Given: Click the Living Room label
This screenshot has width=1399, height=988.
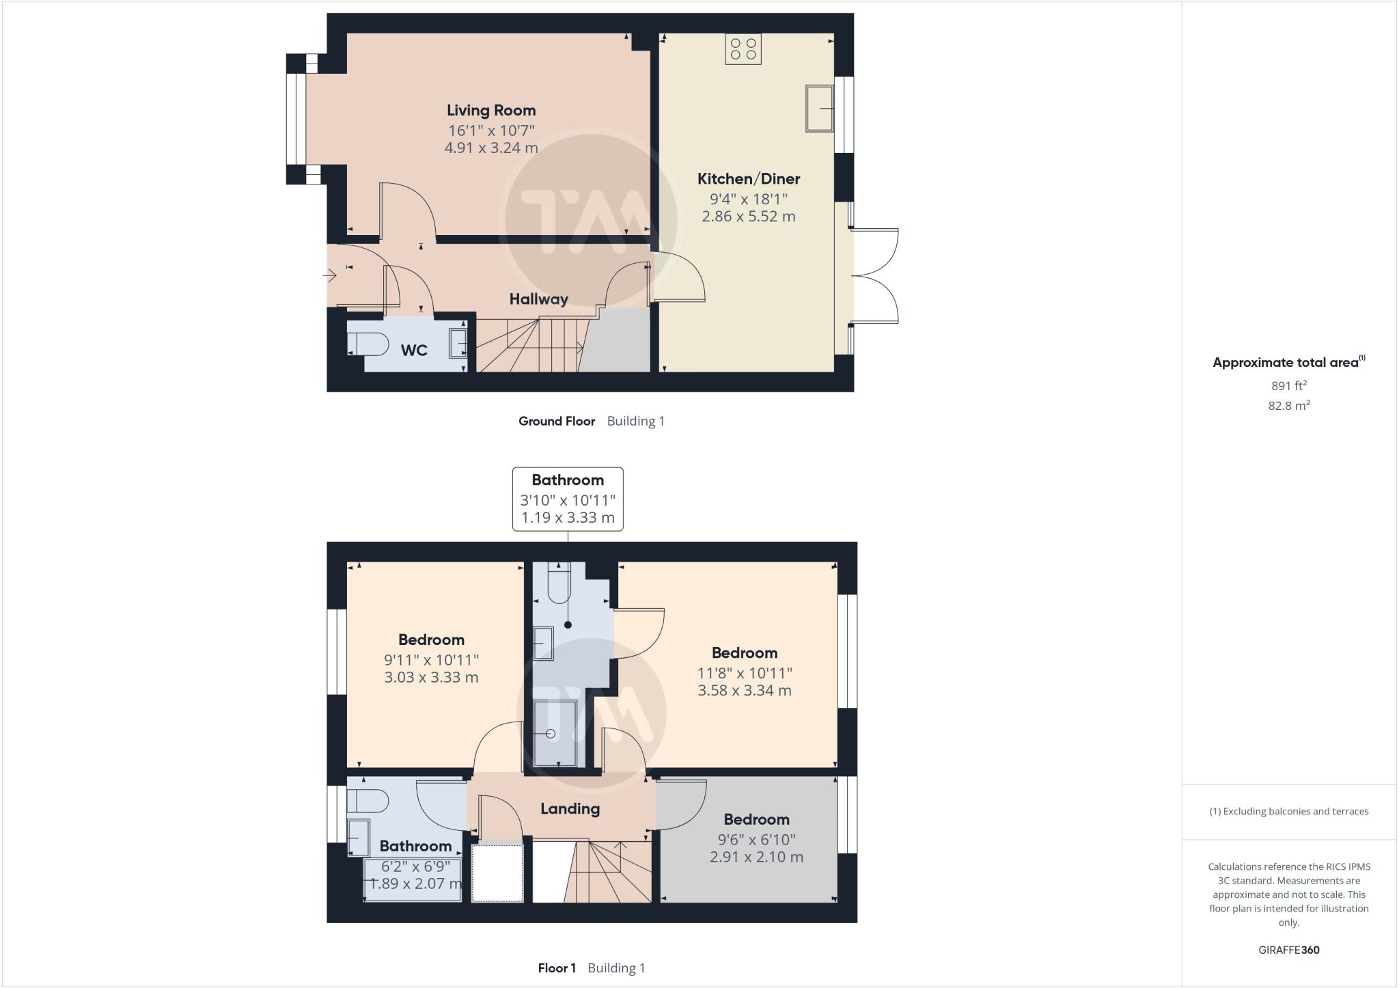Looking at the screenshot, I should click(491, 110).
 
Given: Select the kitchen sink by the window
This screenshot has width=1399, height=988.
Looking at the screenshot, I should click(820, 108).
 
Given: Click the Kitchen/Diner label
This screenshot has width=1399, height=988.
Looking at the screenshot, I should click(748, 179).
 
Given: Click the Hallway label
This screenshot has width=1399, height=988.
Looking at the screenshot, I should click(538, 299).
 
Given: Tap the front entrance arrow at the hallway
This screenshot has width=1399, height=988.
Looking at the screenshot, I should click(330, 276).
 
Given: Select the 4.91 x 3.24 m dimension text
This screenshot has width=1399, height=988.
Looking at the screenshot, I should click(491, 148).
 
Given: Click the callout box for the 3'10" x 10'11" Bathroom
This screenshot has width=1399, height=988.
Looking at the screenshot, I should click(568, 499).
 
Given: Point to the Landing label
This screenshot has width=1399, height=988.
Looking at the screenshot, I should click(570, 809).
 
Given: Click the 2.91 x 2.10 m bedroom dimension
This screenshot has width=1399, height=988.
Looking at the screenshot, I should click(756, 857).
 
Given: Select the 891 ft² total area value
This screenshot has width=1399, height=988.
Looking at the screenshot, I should click(1288, 385).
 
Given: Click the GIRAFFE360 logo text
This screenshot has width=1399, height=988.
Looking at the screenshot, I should click(1288, 950).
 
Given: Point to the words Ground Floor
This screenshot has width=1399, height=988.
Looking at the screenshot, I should click(557, 422).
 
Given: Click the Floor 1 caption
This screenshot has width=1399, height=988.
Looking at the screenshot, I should click(557, 968).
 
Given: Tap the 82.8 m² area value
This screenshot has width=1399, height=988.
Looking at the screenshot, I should click(1288, 406).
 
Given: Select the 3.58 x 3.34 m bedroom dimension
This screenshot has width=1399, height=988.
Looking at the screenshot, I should click(744, 691).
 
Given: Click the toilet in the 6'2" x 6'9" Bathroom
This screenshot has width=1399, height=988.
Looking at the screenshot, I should click(367, 801).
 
